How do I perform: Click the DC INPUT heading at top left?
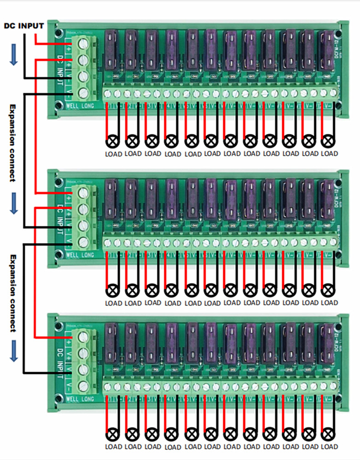(24, 26)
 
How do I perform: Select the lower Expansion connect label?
(13, 293)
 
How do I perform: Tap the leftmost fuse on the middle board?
(112, 198)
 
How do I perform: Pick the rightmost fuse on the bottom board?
(327, 342)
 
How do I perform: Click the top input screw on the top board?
(84, 45)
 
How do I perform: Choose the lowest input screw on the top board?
(84, 93)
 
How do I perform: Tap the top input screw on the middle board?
(84, 194)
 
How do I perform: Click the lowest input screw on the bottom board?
(84, 385)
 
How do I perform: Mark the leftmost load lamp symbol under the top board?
(112, 139)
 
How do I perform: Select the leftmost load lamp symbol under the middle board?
(112, 289)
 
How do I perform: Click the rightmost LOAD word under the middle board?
(330, 303)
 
